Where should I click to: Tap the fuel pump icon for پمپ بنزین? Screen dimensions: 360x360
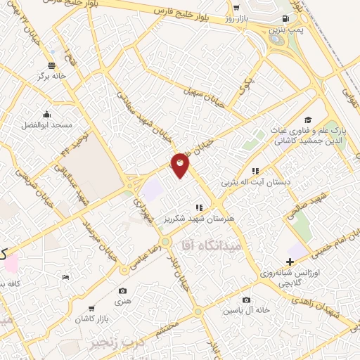pos(284,18)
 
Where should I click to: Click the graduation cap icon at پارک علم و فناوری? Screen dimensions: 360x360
pos(307,121)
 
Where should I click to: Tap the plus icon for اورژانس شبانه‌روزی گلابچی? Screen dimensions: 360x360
pos(289,262)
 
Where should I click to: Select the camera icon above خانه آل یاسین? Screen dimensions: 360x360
pos(246,300)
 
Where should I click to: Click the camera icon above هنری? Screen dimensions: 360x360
pos(123,290)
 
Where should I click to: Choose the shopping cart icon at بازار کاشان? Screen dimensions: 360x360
pos(91,309)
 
